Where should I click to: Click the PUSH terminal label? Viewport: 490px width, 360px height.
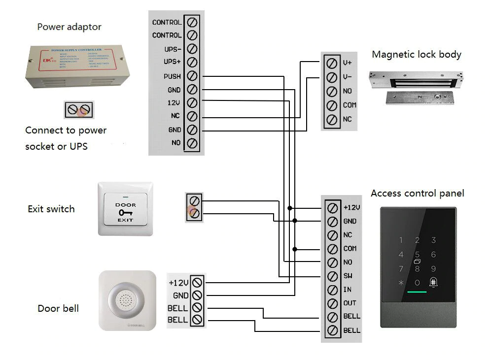[x=172, y=76]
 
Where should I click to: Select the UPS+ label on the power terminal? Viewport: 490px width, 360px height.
[x=172, y=62]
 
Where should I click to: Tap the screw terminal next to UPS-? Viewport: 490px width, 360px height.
[x=193, y=49]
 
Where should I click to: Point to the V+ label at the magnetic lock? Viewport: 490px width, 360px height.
[x=347, y=63]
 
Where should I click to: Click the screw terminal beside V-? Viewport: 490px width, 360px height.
[x=333, y=77]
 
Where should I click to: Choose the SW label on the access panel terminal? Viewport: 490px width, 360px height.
[x=348, y=276]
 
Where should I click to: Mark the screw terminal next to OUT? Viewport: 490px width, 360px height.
[x=333, y=303]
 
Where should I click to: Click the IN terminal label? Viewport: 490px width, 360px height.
[x=347, y=290]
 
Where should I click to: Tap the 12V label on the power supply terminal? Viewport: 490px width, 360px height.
[x=175, y=103]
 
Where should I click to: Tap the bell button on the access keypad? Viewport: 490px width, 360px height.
[x=434, y=283]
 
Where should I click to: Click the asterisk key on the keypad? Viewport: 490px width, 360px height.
[x=401, y=283]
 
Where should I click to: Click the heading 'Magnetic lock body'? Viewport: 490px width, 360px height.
[x=417, y=54]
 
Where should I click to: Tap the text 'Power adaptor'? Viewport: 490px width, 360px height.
[x=69, y=27]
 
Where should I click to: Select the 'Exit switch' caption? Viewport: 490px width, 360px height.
[x=51, y=209]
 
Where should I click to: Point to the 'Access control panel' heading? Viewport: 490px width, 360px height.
[x=417, y=193]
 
